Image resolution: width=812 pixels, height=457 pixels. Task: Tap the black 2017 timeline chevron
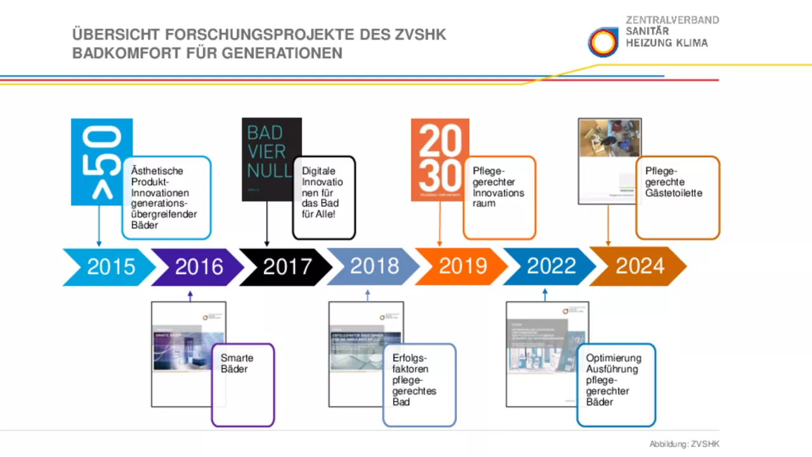coord(287,267)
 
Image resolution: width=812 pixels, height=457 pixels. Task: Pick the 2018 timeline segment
coord(374,267)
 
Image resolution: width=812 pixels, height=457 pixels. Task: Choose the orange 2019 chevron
coord(462,267)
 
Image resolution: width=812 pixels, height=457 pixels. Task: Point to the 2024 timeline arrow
coord(639,267)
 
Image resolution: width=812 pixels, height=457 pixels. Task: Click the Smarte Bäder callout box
coord(243,385)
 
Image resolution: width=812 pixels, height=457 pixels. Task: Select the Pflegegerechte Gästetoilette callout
coord(678,197)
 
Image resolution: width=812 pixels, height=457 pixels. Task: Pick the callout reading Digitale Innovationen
coord(324,197)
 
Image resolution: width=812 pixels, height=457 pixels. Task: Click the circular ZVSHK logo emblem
coord(603,43)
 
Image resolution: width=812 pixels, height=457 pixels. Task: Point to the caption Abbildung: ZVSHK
coord(684,444)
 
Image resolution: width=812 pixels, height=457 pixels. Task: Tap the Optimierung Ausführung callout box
coord(616,385)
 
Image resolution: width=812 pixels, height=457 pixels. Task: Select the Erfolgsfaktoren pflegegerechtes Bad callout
coord(419,385)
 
